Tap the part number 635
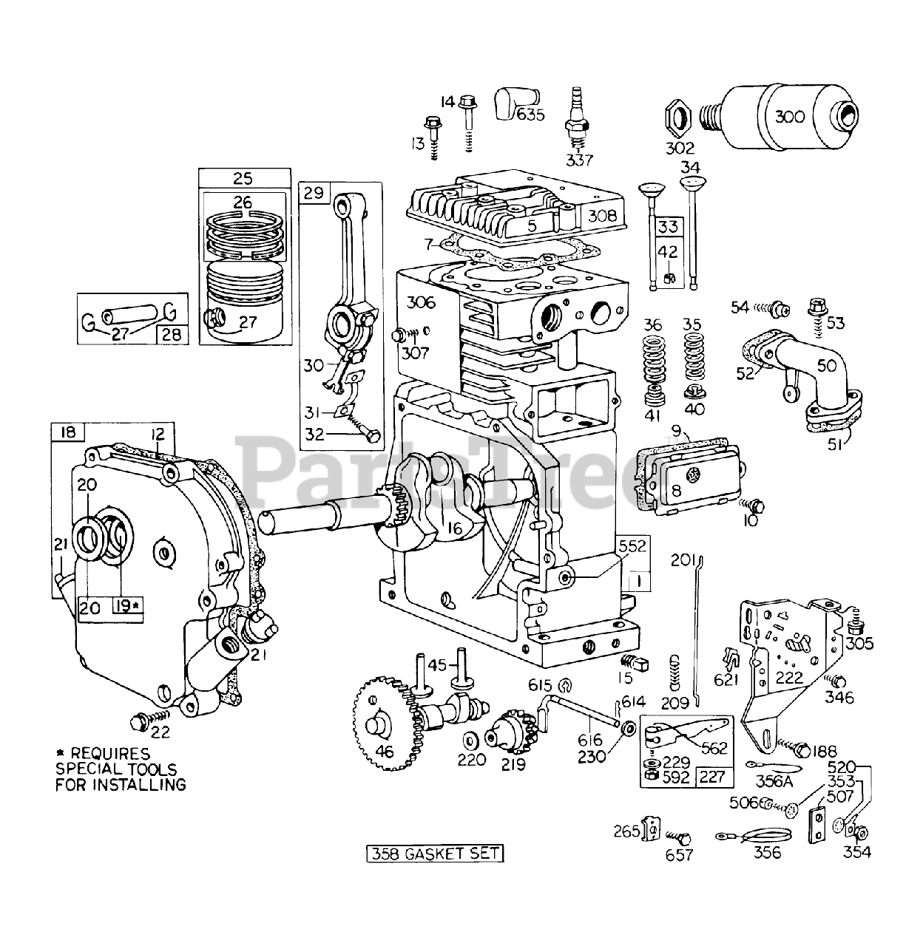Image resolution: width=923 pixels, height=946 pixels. [530, 115]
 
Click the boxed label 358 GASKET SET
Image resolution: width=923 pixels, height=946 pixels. [434, 853]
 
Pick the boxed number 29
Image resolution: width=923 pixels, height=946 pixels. [314, 193]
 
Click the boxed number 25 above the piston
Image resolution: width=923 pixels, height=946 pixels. [243, 179]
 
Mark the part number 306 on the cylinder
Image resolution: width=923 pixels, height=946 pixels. [422, 302]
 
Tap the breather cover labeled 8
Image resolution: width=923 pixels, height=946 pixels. [691, 480]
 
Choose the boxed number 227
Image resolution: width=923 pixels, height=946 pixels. [712, 776]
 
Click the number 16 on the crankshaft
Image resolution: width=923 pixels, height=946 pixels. [454, 528]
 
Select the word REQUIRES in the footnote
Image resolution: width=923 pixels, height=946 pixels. [110, 754]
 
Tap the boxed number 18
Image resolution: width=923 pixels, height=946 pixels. [68, 432]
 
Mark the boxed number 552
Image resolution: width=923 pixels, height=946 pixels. [633, 546]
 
